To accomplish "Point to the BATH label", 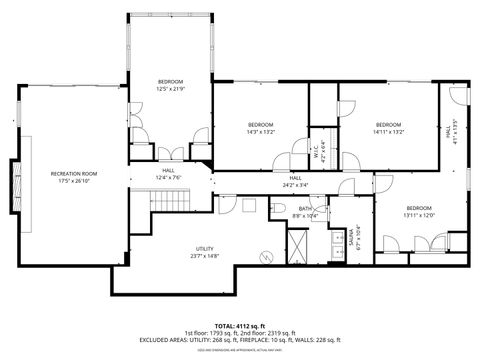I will pyautogui.click(x=304, y=209).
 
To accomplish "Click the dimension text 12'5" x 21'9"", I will pyautogui.click(x=170, y=88).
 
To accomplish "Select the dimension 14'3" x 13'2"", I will pyautogui.click(x=260, y=131).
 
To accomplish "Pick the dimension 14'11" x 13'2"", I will pyautogui.click(x=387, y=131).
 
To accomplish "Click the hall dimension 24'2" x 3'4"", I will pyautogui.click(x=296, y=184).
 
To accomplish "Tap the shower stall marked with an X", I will pyautogui.click(x=298, y=245).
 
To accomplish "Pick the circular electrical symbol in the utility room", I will pyautogui.click(x=266, y=257).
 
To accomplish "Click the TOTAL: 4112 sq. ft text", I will pyautogui.click(x=240, y=326).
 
